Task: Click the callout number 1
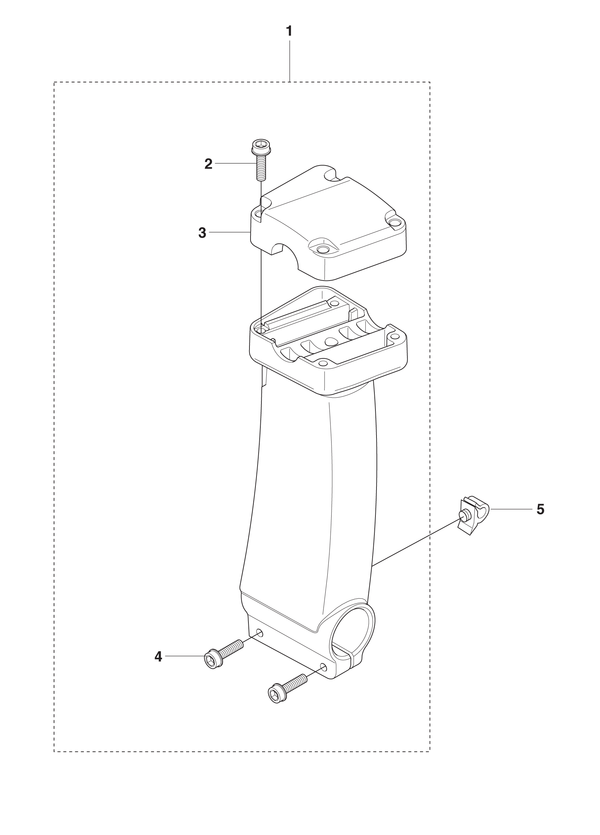289,31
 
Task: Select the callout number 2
208,164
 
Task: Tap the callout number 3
202,233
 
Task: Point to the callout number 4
158,656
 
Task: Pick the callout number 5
540,510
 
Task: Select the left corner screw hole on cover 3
260,213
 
